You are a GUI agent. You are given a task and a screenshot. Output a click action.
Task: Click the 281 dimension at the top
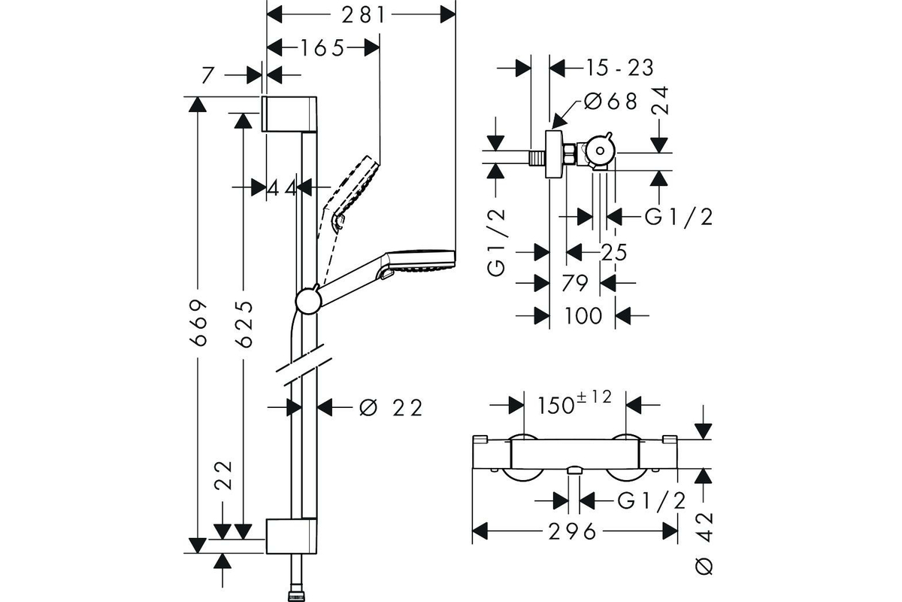[364, 15]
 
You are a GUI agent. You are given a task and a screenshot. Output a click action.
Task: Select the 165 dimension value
[323, 48]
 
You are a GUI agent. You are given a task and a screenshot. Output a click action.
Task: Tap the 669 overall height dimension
[198, 323]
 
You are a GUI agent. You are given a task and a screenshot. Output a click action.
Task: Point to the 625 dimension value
[244, 324]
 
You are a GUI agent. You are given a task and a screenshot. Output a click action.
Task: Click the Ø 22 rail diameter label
[391, 408]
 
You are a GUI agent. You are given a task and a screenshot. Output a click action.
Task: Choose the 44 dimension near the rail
[282, 188]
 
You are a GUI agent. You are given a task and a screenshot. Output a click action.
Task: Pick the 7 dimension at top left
[207, 75]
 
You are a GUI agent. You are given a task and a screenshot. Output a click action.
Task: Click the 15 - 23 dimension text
[619, 68]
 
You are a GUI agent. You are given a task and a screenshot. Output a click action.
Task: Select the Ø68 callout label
[611, 101]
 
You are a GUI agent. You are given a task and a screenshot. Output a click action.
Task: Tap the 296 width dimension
[572, 531]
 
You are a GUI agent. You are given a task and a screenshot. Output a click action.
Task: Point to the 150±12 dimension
[574, 403]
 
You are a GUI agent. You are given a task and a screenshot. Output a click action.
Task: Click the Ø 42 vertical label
[704, 543]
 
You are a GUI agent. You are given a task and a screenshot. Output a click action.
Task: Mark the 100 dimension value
[583, 316]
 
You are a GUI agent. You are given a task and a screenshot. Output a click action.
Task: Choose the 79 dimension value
[574, 283]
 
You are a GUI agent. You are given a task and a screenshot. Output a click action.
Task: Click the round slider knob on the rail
[308, 301]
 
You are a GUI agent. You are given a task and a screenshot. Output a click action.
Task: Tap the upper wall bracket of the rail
[289, 114]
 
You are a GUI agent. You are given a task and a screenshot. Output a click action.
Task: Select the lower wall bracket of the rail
[292, 537]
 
